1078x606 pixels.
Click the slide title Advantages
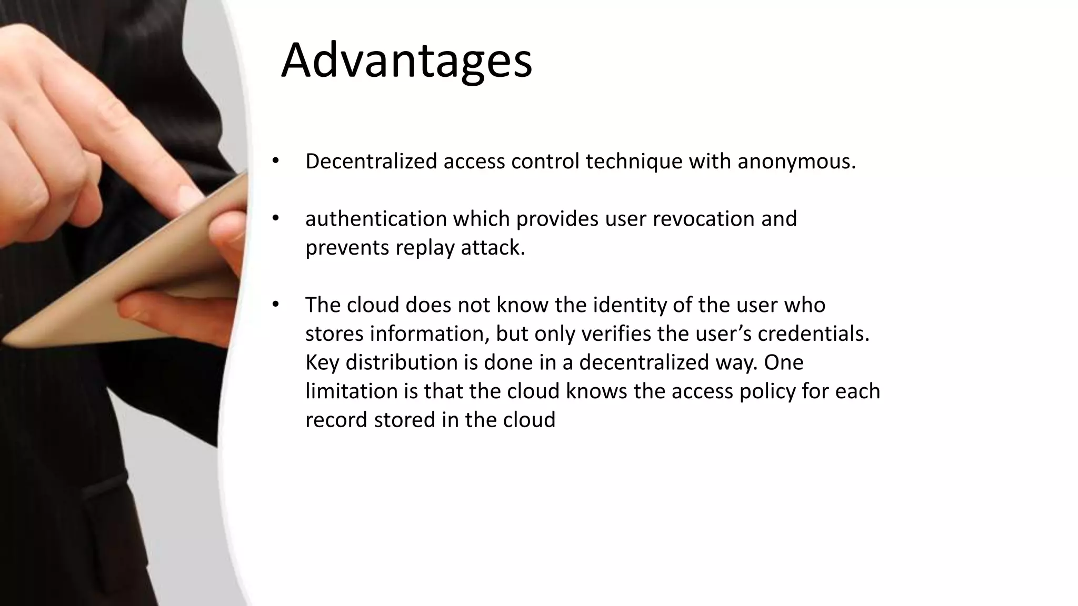[406, 60]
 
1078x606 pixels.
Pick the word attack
[493, 248]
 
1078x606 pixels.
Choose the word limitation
[351, 391]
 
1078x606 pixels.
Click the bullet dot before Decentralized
[274, 160]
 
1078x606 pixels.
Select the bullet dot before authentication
[274, 218]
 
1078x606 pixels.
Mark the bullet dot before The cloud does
[274, 305]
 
